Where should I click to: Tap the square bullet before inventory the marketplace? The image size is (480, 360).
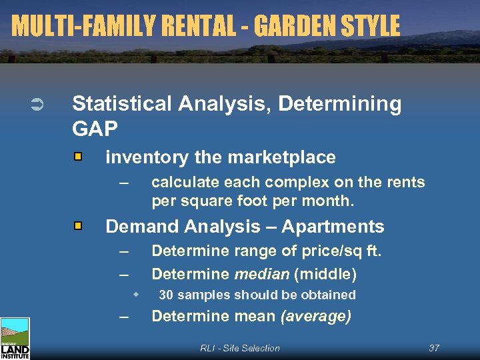(78, 157)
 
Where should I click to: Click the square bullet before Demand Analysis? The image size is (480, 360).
(78, 227)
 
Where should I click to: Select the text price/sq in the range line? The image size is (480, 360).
(327, 251)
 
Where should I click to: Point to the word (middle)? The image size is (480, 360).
(325, 274)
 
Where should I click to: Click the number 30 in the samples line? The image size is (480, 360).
(166, 295)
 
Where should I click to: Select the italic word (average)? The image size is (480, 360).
(316, 316)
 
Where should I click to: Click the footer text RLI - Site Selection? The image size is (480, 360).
(240, 348)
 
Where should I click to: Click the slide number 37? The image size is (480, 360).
(434, 348)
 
